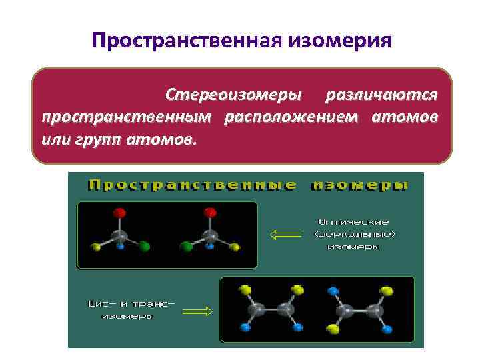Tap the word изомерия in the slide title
pos(339,42)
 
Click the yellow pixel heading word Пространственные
pos(193,185)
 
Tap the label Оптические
pos(353,221)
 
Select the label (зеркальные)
pos(354,234)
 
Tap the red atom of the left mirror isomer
pos(121,213)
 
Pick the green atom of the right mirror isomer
pos(187,247)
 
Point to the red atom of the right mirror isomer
pos(210,213)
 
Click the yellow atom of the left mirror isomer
pos(97,247)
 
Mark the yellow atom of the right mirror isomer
pos(234,247)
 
